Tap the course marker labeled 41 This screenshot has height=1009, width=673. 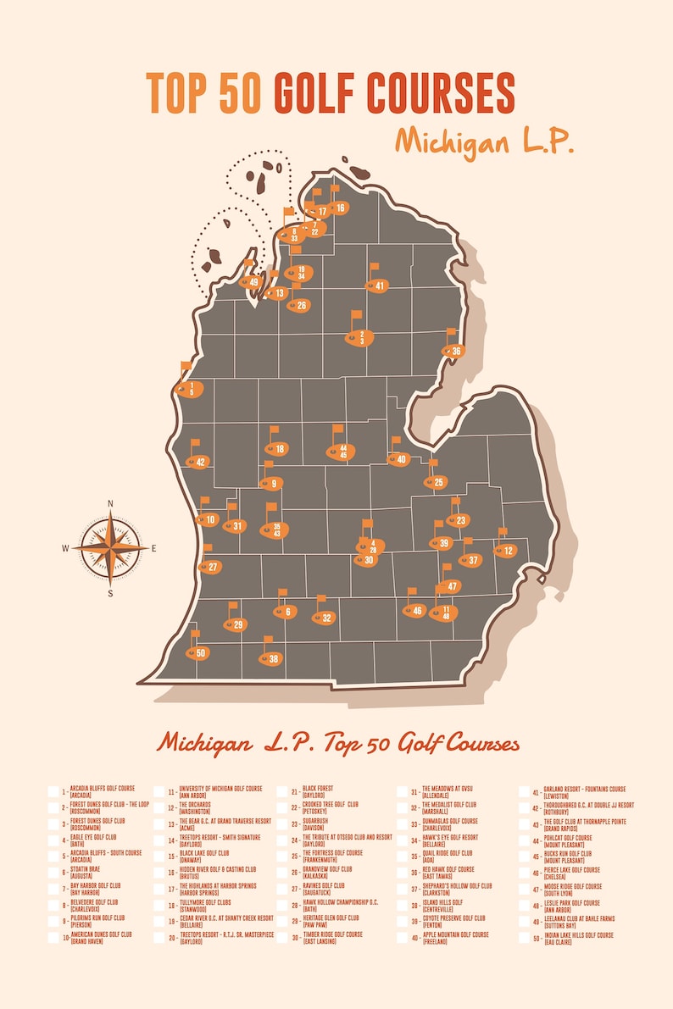pos(377,286)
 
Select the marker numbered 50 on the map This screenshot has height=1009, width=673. pos(198,653)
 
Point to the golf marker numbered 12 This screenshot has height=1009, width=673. pos(505,551)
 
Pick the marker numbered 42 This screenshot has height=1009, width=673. pos(198,462)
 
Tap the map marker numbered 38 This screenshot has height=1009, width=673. pos(271,658)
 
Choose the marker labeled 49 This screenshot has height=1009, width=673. pos(251,282)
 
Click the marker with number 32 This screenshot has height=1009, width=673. pos(324,618)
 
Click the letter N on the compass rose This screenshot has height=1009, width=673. pos(110,504)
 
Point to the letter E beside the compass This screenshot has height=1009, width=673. pos(153,549)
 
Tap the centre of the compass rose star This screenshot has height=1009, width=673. pos(110,548)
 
